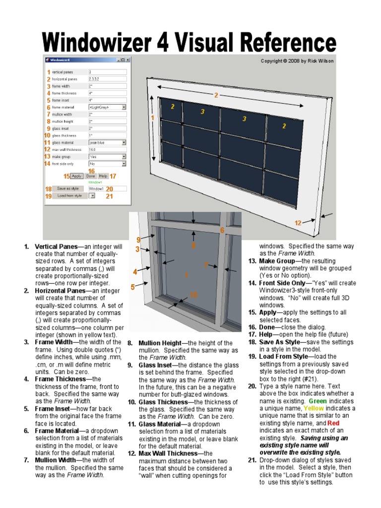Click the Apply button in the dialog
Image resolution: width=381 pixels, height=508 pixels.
(x=76, y=176)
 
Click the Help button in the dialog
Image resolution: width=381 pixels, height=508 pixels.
(x=103, y=176)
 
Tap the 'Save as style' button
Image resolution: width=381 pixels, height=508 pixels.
(x=68, y=189)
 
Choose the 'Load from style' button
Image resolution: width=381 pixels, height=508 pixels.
(x=69, y=196)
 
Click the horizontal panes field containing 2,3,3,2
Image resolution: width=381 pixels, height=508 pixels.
(x=107, y=79)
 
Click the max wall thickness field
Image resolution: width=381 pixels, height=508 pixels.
(x=107, y=149)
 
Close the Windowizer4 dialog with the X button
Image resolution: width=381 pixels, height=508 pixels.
(x=127, y=60)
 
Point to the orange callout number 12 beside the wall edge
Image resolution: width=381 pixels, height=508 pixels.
(x=298, y=223)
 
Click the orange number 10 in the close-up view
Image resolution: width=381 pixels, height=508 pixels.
(x=193, y=295)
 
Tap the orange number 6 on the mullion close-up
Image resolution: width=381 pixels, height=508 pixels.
(x=222, y=230)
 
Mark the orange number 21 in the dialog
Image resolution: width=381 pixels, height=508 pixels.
(x=109, y=196)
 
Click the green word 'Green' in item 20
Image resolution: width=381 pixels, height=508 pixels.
(x=317, y=401)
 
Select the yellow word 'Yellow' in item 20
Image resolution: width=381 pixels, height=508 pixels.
(x=314, y=408)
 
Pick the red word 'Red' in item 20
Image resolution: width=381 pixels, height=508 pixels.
(x=333, y=423)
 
